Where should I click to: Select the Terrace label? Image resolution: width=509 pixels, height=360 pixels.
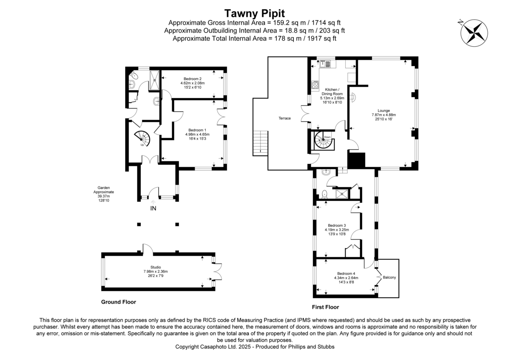(284, 118)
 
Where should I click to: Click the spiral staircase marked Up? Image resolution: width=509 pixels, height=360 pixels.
(143, 138)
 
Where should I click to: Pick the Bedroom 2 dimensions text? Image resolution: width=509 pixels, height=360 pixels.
(192, 85)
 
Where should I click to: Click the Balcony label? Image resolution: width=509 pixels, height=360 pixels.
(389, 278)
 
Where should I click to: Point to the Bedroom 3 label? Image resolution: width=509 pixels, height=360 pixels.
(337, 225)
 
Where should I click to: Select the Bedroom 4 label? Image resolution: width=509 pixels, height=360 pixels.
(346, 273)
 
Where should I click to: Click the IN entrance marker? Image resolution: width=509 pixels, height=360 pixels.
(153, 208)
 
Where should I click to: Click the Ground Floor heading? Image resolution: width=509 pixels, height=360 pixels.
(118, 302)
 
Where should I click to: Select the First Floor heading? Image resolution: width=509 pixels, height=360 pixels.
(325, 307)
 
